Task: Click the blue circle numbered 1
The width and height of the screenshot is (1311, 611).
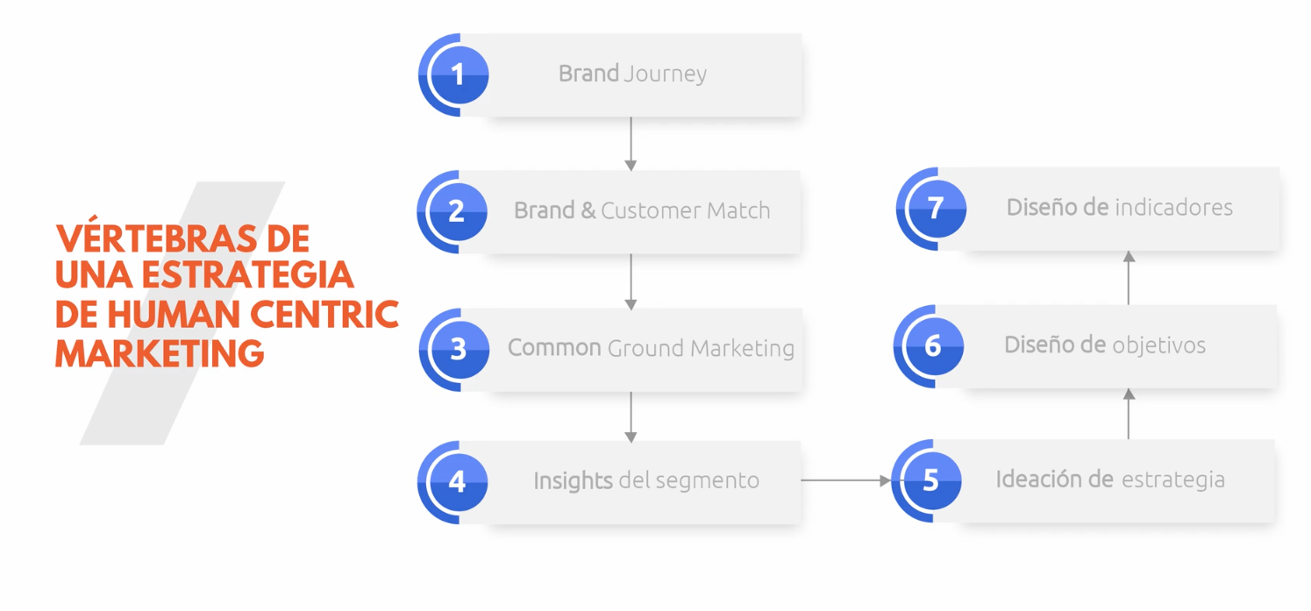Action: tap(458, 75)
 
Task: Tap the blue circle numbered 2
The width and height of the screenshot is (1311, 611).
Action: tap(456, 211)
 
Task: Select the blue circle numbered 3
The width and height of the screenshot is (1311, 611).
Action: tap(458, 349)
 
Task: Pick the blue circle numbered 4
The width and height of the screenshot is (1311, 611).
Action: tap(457, 481)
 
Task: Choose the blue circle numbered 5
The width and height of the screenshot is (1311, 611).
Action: tap(930, 480)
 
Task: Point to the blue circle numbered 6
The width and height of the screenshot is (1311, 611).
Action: tap(932, 345)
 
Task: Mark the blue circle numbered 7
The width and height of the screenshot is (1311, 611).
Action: tap(935, 208)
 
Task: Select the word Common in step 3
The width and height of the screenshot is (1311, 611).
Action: tap(554, 348)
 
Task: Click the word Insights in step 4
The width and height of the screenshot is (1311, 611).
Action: tap(573, 481)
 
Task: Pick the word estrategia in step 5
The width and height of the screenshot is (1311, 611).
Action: tap(1173, 480)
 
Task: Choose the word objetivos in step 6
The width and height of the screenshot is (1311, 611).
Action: tap(1158, 345)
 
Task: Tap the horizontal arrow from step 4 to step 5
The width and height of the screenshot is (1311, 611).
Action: tap(846, 480)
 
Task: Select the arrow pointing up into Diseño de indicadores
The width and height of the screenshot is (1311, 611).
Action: tap(1129, 277)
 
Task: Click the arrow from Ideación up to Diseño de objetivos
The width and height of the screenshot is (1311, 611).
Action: tap(1129, 413)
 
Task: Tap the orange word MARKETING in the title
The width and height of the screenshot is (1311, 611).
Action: tap(160, 353)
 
